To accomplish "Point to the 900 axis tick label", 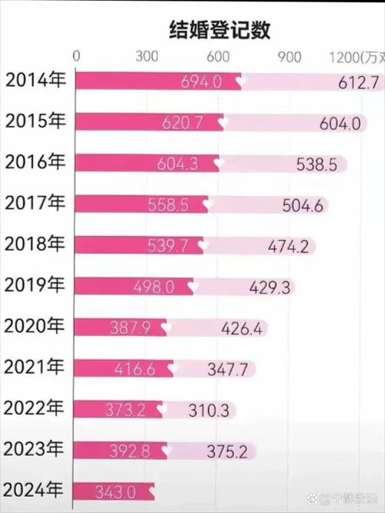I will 289,56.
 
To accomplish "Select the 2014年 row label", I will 35,80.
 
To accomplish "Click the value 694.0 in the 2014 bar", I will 202,81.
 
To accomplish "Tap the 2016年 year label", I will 35,162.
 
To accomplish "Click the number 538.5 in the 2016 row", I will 316,164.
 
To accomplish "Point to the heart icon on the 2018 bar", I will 203,245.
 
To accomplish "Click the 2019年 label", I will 35,285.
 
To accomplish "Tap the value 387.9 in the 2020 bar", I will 138,328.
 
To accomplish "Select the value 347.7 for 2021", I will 228,369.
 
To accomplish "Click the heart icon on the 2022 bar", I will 166,410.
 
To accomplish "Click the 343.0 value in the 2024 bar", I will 115,491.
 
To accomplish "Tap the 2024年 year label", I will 35,489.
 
